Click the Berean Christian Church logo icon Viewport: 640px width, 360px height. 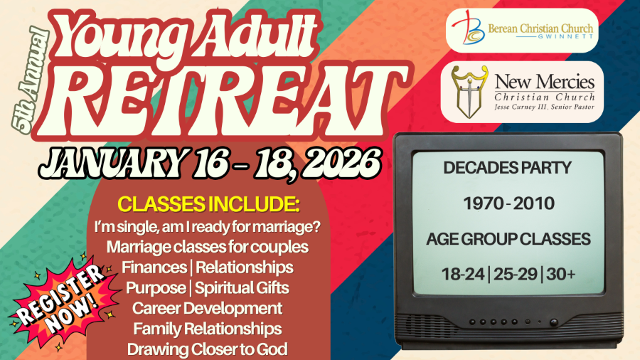(x=469, y=31)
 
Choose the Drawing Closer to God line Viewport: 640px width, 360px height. (x=207, y=349)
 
